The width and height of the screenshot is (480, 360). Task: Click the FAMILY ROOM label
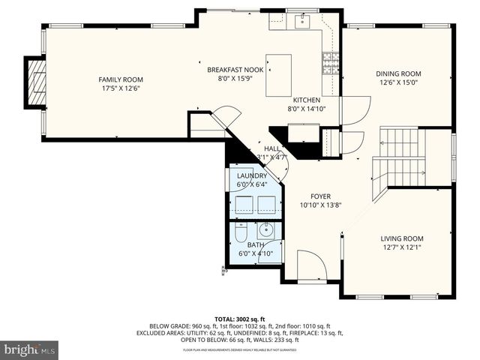121,79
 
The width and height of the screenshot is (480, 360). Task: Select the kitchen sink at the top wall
302,21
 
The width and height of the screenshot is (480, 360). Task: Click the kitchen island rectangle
278,74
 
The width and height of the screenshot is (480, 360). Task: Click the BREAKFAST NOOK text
235,69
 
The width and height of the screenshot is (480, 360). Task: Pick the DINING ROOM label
398,73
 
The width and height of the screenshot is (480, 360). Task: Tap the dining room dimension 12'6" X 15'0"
398,83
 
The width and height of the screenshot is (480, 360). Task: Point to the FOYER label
320,194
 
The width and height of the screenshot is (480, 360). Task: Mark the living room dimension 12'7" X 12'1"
402,247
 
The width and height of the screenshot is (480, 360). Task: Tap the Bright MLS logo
30,349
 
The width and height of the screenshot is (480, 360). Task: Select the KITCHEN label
307,100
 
